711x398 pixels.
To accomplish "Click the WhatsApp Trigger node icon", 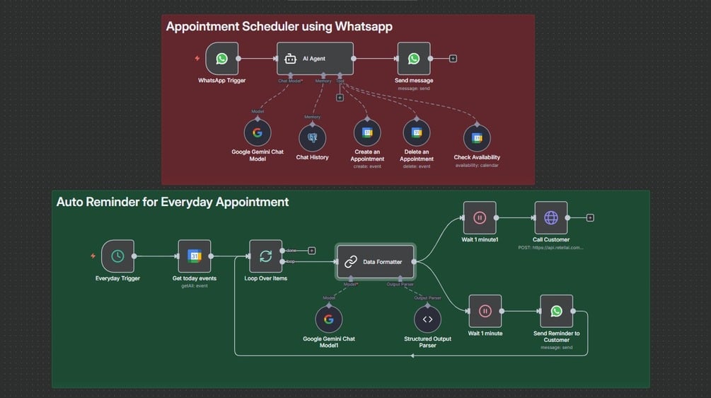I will [221, 59].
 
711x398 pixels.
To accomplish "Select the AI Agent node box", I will [315, 59].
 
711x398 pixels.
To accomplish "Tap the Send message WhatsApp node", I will [414, 59].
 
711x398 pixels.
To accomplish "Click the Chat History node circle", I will [312, 138].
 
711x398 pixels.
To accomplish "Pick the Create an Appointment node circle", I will [367, 132].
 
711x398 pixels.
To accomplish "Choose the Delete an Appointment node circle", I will [417, 132].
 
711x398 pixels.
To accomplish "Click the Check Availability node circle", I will [477, 138].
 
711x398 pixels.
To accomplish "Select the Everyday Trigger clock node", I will [117, 256].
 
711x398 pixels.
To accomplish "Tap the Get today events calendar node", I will [195, 256].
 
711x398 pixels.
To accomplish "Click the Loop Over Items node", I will [265, 256].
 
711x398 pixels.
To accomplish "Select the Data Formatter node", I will [376, 262].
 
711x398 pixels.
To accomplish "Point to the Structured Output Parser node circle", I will [427, 319].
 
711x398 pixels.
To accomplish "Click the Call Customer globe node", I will [551, 218].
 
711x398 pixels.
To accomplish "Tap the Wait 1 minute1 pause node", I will [479, 218].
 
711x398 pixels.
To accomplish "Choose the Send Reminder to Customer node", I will [556, 311].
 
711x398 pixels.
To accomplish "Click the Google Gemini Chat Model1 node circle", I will [329, 319].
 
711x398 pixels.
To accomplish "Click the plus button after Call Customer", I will [590, 218].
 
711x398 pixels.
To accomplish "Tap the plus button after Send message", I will [453, 59].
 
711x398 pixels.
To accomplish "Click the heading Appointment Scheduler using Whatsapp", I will [279, 27].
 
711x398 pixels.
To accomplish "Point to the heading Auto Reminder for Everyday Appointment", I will [173, 202].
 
